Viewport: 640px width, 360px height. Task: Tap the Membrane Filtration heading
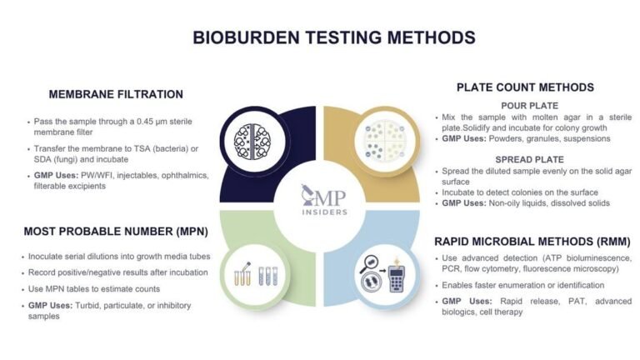[x=115, y=94]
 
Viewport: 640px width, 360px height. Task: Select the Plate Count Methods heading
[x=525, y=87]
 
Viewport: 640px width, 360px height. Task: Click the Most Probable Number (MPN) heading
[x=115, y=230]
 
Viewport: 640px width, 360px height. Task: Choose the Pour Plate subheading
[x=524, y=105]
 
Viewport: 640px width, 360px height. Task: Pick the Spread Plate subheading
[x=524, y=158]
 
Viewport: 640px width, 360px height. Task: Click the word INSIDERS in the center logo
[x=321, y=212]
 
